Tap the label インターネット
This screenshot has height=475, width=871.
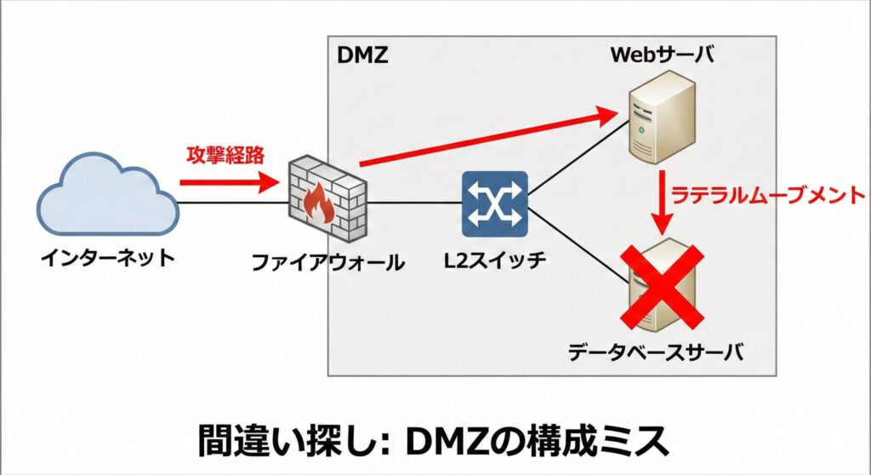(x=106, y=256)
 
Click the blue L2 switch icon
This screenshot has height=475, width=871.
(x=494, y=204)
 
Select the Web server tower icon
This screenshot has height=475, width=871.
(x=661, y=117)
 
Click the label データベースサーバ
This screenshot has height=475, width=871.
(x=662, y=351)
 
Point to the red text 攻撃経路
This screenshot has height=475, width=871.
(x=226, y=156)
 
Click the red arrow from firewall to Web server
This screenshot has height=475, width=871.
(x=489, y=136)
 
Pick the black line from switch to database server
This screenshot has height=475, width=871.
(x=578, y=249)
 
